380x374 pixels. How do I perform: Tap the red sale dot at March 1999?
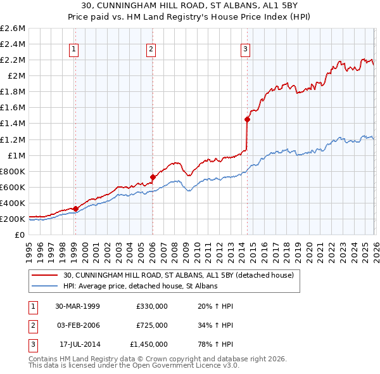75,208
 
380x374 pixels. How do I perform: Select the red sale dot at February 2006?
153,177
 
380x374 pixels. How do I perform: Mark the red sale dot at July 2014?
247,119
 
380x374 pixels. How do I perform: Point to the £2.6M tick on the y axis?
13,29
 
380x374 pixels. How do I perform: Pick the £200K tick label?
13,219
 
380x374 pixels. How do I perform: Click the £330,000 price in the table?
151,306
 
